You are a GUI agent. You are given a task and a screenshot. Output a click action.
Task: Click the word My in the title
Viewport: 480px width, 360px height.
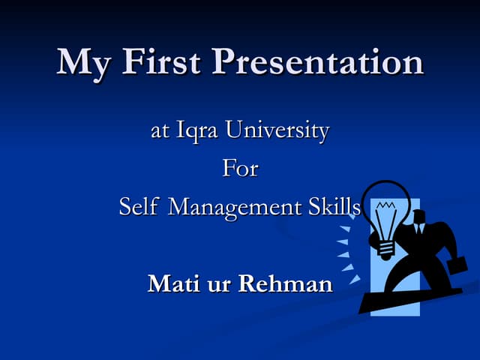click(x=82, y=63)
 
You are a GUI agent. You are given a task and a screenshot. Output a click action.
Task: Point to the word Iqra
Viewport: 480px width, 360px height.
click(x=198, y=132)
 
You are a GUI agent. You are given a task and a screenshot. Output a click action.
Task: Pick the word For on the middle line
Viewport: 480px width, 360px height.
click(x=240, y=169)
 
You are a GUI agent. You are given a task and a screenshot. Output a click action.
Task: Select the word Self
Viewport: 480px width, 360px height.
click(x=139, y=206)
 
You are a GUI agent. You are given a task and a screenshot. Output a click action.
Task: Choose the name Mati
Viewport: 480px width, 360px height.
click(x=174, y=283)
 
